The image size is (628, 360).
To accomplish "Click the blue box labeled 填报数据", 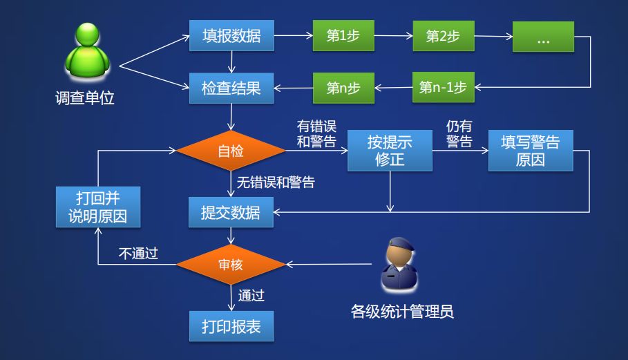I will [231, 36].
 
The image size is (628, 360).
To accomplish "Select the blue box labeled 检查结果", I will [231, 88].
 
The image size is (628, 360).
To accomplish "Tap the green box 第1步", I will [343, 36].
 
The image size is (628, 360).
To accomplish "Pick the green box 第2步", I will [442, 36].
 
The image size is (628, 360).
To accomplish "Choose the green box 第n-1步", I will [442, 88].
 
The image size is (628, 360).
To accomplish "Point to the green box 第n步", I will [343, 88].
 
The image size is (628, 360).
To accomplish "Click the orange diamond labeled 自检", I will [231, 151].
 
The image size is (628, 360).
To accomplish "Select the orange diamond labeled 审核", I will [231, 265].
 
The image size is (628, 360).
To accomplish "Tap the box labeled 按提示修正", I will [390, 151].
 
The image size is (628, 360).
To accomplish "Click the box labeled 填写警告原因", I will [530, 151].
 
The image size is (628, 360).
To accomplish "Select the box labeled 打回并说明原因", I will [98, 206].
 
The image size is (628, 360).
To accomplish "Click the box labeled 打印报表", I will [231, 325].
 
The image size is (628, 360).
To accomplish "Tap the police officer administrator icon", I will [401, 265].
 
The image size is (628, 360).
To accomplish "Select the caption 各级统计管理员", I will [402, 312].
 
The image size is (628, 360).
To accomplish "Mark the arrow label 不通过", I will [138, 254].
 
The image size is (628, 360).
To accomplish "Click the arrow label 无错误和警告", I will [276, 183].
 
